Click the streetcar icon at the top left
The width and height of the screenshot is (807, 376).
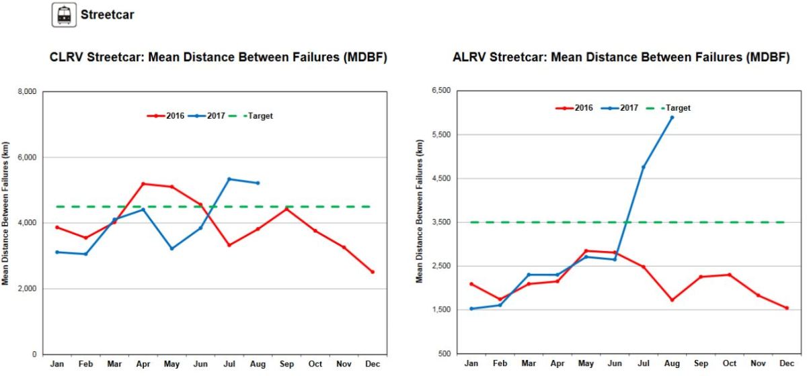64,15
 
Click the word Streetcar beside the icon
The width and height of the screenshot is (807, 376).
106,14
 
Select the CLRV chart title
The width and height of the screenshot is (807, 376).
218,58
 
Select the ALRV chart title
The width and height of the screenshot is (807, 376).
621,58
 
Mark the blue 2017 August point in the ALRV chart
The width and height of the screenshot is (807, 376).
672,117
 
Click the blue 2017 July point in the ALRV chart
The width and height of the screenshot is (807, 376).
643,167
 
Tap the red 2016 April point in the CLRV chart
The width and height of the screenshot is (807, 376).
143,183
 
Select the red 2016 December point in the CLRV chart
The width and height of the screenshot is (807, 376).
373,272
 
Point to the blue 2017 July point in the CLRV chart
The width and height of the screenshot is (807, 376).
229,179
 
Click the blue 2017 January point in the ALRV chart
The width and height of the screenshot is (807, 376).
471,309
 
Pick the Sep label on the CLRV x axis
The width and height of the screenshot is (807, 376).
286,363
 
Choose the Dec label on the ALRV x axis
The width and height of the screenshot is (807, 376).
787,363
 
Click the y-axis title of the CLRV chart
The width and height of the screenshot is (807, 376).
5,214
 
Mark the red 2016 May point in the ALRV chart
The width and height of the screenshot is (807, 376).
586,251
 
